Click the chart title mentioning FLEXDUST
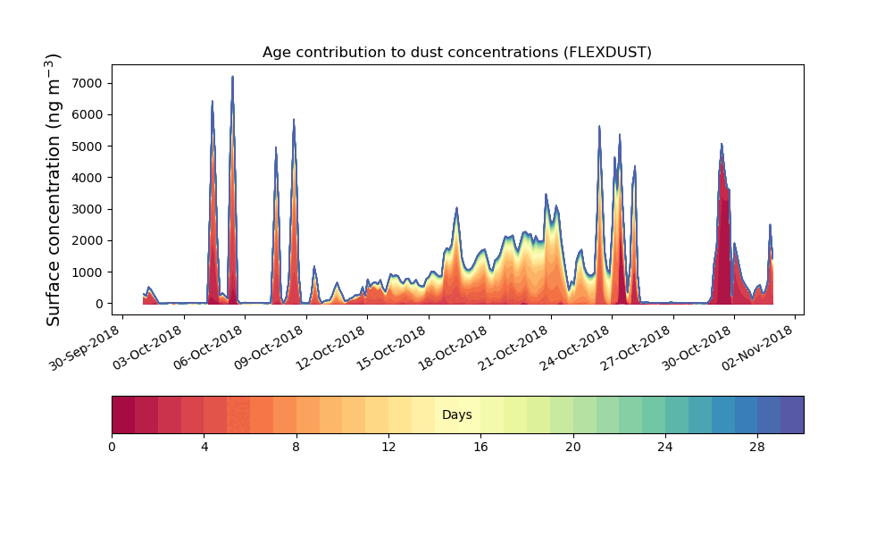456,53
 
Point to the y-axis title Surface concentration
53,190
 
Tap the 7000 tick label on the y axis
88,83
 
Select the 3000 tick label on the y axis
88,209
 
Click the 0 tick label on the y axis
100,304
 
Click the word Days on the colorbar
456,415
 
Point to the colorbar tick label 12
388,448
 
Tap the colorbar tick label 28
757,448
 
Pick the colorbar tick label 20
573,448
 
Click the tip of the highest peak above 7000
232,76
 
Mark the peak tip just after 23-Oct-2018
599,126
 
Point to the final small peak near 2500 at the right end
770,225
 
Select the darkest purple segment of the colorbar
792,415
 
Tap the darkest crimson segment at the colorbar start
123,415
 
